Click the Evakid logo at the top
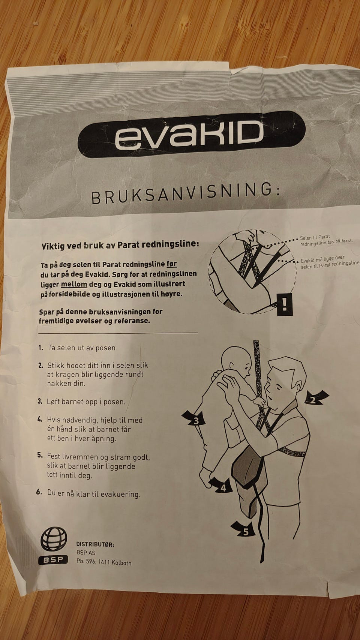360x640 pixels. [191, 134]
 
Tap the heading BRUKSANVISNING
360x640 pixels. [186, 194]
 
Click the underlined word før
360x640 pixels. [171, 264]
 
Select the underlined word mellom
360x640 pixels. [74, 285]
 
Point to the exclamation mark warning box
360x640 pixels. [285, 304]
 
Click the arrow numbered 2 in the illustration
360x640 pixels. [316, 397]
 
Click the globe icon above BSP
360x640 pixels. [53, 539]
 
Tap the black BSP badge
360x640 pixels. [53, 560]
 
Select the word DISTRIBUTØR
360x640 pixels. [95, 544]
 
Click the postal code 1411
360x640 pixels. [104, 562]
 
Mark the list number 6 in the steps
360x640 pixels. [39, 492]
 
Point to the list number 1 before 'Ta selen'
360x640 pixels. [40, 348]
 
